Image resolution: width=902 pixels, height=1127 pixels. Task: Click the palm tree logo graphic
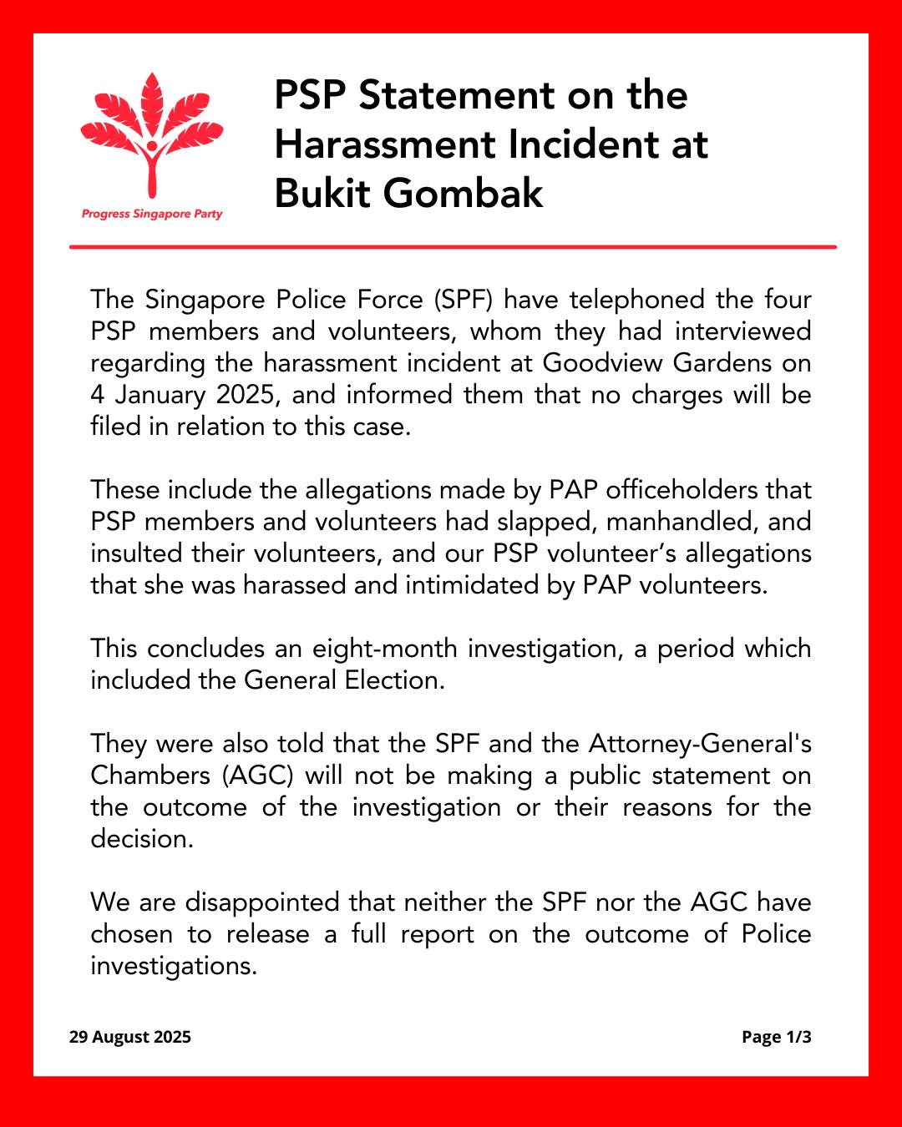pyautogui.click(x=151, y=134)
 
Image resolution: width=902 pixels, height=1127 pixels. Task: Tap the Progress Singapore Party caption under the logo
pyautogui.click(x=152, y=214)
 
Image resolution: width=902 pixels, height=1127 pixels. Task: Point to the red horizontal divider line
pyautogui.click(x=453, y=247)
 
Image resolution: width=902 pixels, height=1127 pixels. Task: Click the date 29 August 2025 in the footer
pyautogui.click(x=130, y=1037)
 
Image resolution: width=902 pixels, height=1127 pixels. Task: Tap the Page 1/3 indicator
pyautogui.click(x=776, y=1037)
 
